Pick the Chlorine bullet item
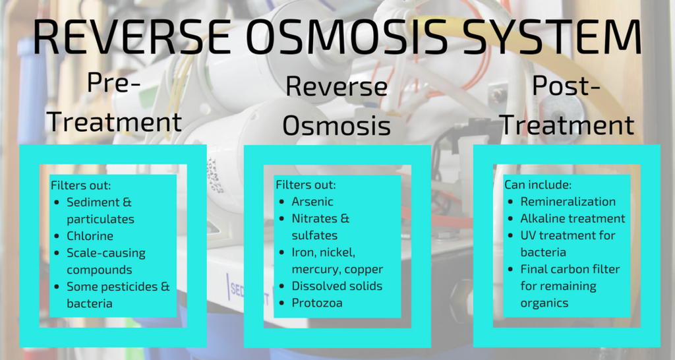pyautogui.click(x=90, y=236)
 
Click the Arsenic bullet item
pyautogui.click(x=312, y=202)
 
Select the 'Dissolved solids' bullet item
pyautogui.click(x=337, y=286)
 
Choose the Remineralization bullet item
pyautogui.click(x=568, y=202)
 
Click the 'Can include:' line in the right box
pyautogui.click(x=538, y=185)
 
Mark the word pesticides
pyautogui.click(x=127, y=287)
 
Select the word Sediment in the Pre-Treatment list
pyautogui.click(x=93, y=202)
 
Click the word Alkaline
pyautogui.click(x=544, y=218)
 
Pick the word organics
pyautogui.click(x=544, y=303)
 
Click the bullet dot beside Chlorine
pyautogui.click(x=57, y=236)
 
